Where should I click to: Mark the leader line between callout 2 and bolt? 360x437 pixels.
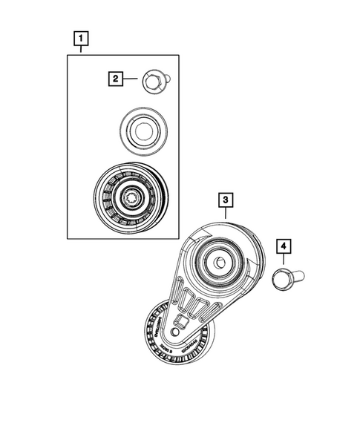(x=131, y=76)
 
